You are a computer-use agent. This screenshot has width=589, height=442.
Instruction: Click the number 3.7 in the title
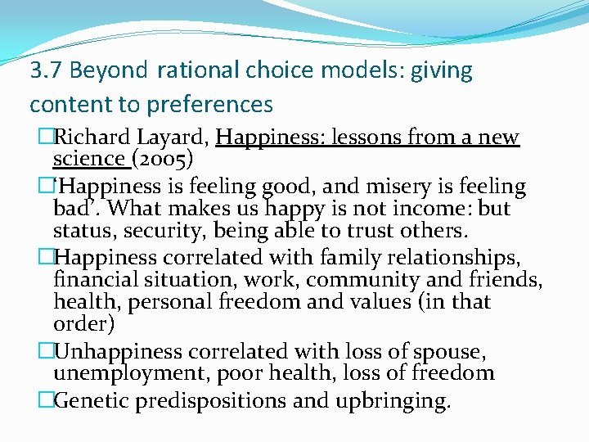point(47,71)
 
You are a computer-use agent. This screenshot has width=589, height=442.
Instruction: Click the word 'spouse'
point(447,352)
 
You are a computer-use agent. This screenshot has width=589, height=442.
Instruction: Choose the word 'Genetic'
point(90,401)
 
